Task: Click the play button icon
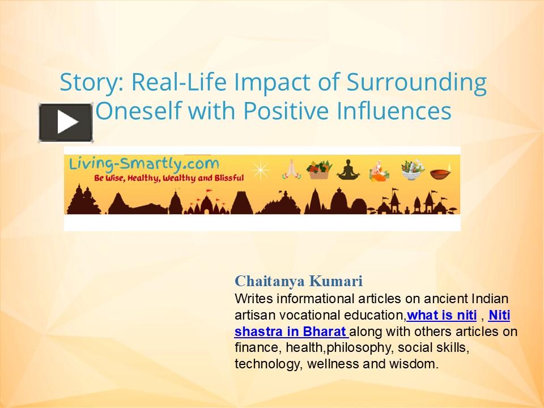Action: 66,122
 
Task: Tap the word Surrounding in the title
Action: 416,83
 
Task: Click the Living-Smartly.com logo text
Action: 144,164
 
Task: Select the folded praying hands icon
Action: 290,168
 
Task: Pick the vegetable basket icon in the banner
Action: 319,168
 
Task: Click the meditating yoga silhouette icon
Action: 348,169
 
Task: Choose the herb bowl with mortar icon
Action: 410,168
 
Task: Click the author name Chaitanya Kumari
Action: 299,281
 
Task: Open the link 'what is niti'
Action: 441,315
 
